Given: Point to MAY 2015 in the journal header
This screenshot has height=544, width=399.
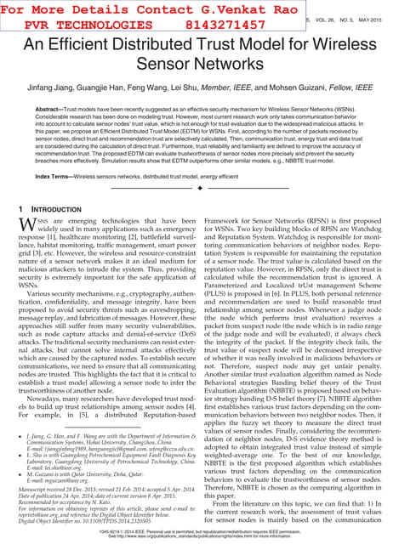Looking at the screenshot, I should click(x=378, y=18).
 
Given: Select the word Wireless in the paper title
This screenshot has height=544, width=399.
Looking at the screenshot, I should click(x=343, y=47).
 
